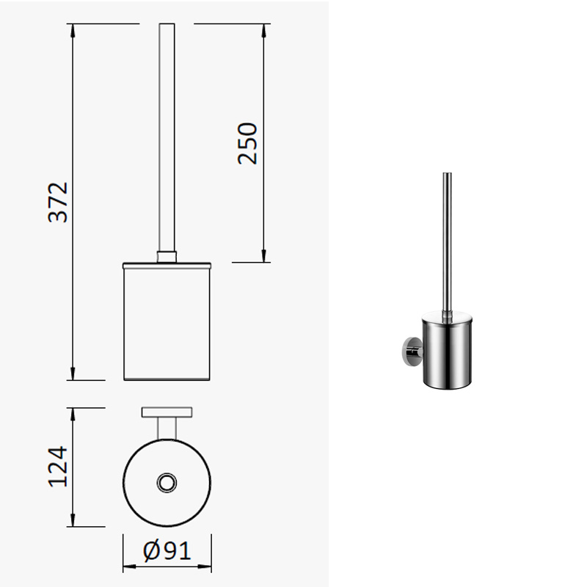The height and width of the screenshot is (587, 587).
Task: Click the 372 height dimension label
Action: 59,203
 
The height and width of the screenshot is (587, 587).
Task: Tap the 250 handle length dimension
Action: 247,143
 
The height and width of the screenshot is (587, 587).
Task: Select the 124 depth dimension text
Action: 59,467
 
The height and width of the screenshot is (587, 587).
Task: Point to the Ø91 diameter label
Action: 167,551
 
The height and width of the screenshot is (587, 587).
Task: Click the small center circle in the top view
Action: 167,483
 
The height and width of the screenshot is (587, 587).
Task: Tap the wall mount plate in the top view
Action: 167,412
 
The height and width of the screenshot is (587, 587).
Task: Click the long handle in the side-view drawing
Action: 167,137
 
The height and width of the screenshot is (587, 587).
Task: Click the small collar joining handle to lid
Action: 167,258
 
